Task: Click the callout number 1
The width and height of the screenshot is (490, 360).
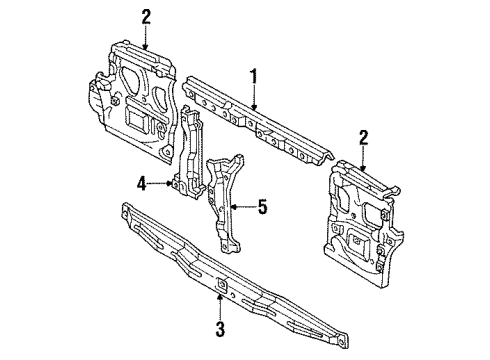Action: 254,74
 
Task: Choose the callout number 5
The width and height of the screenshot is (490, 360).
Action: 263,207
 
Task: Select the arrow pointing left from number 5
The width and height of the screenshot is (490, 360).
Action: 243,207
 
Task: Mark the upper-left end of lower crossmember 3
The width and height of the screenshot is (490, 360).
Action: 126,211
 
